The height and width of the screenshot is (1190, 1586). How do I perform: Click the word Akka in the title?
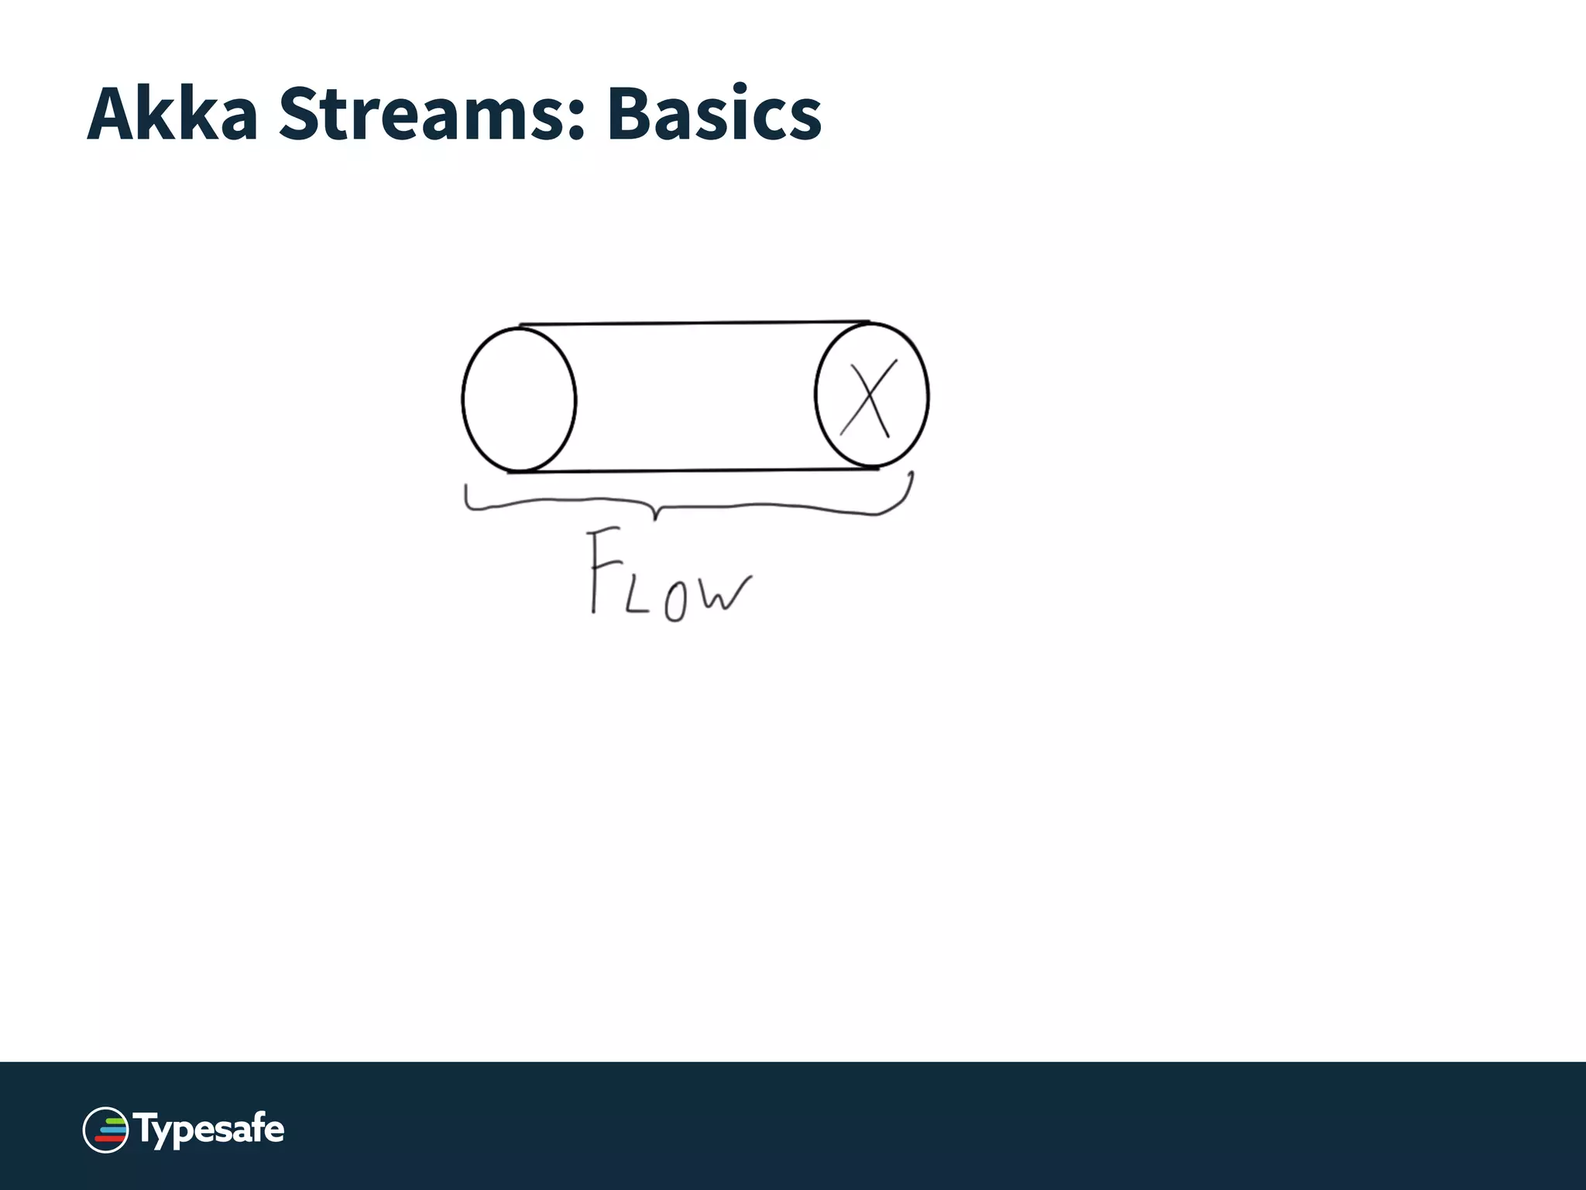click(x=172, y=115)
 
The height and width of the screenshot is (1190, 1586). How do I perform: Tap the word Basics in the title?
click(x=713, y=115)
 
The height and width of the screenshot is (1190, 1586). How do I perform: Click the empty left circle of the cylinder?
click(x=519, y=400)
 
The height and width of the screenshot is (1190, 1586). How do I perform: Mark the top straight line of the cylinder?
click(x=693, y=323)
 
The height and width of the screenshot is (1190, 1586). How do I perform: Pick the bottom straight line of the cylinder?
click(x=693, y=469)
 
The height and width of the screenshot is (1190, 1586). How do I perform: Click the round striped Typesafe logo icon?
click(x=105, y=1130)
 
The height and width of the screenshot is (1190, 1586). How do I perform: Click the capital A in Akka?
click(x=115, y=115)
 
